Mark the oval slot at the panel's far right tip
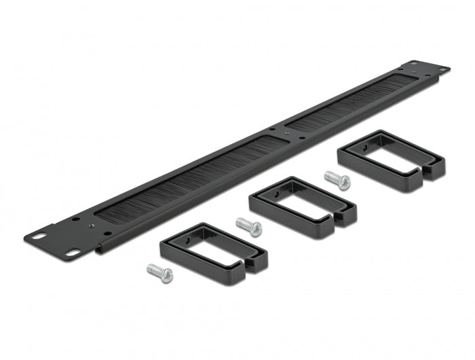tap(443, 71)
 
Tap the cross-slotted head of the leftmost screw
tap(166, 276)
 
